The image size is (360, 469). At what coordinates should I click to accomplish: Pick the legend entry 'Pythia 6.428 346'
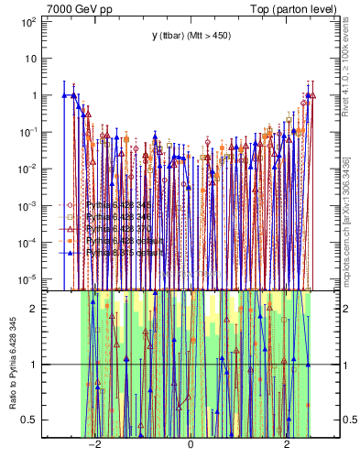(119, 217)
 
